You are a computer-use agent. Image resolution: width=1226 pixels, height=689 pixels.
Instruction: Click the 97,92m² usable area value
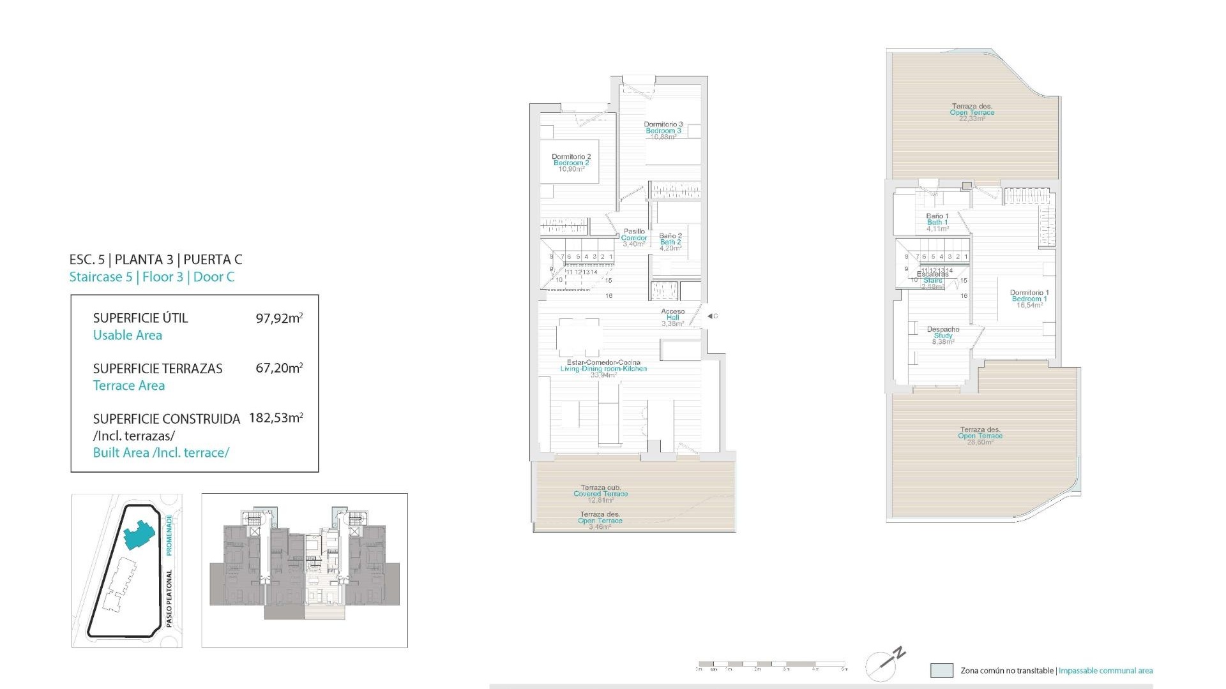[x=279, y=318]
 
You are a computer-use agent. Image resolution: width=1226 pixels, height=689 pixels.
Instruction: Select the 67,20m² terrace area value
[x=279, y=368]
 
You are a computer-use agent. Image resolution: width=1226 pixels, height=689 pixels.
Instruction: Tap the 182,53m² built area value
[x=276, y=418]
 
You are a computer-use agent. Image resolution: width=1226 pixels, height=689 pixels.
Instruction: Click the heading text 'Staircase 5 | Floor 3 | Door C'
[x=152, y=277]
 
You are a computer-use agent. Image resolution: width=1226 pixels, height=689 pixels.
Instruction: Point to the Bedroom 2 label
[x=571, y=163]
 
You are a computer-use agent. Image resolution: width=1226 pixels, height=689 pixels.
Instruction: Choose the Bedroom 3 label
[x=663, y=131]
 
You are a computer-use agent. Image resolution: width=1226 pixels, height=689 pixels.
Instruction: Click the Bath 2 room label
[x=670, y=242]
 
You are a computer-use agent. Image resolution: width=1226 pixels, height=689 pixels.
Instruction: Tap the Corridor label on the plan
[x=634, y=238]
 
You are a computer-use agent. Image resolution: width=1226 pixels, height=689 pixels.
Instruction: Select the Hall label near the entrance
[x=673, y=318]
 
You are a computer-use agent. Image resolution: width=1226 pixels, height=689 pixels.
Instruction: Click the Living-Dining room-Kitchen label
[x=603, y=369]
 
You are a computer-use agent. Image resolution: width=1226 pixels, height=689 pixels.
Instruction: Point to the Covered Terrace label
[x=600, y=494]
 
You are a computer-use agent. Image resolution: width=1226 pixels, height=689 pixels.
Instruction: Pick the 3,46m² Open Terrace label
[x=600, y=521]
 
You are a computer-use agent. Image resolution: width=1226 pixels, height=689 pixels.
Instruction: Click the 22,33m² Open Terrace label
[x=972, y=113]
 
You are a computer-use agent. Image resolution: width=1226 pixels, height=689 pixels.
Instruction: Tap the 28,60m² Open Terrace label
[x=980, y=436]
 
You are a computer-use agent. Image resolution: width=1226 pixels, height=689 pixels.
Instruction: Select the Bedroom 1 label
[x=1029, y=299]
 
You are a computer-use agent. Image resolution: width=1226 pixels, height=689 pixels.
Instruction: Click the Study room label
[x=943, y=336]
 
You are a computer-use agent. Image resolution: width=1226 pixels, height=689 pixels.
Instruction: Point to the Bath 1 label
[x=937, y=223]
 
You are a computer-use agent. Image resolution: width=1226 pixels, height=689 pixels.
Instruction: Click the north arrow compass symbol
[x=885, y=663]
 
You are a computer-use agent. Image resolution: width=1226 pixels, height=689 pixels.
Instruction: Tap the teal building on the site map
[x=139, y=534]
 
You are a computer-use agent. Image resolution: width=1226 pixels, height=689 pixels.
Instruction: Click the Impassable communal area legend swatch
[x=942, y=670]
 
